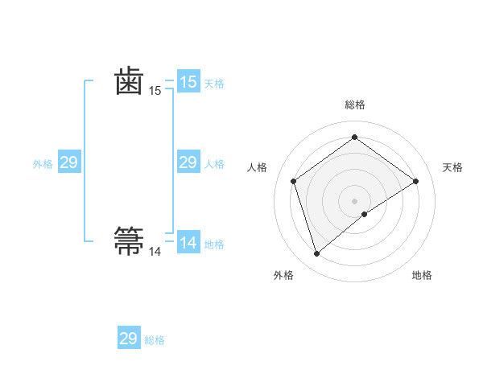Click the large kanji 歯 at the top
[130, 82]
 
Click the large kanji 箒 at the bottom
[130, 240]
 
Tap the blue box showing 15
[188, 82]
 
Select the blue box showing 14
[188, 243]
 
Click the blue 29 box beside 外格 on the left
[68, 163]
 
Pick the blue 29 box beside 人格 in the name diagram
[188, 163]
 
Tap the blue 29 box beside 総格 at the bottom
[128, 339]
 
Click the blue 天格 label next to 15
[214, 84]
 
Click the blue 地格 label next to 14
[214, 244]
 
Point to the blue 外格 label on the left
[43, 164]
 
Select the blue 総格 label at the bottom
[155, 340]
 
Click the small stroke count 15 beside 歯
[155, 92]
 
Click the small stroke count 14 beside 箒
[155, 252]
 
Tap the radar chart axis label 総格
[354, 105]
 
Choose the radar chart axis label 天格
[452, 167]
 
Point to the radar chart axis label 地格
[422, 275]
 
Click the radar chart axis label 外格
[283, 275]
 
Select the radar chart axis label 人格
[257, 167]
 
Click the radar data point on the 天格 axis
[415, 181]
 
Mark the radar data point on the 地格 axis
[365, 214]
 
